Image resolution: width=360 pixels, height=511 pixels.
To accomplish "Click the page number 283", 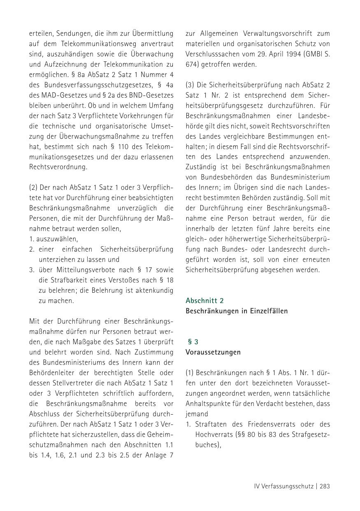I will pyautogui.click(x=324, y=486).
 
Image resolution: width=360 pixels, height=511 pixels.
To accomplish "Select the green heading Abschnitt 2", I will pyautogui.click(x=204, y=301).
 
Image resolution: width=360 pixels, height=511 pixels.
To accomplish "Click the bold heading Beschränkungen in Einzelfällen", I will pyautogui.click(x=237, y=311).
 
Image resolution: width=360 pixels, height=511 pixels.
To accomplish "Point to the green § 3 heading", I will pyautogui.click(x=193, y=342).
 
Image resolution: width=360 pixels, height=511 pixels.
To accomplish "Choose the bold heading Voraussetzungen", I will pyautogui.click(x=213, y=352).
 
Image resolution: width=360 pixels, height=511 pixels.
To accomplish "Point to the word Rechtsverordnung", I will pyautogui.click(x=58, y=167).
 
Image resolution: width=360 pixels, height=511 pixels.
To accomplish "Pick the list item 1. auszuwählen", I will pyautogui.click(x=53, y=239).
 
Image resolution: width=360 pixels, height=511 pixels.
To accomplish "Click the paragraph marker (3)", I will pyautogui.click(x=190, y=85).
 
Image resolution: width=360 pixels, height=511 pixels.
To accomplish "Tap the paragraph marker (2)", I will pyautogui.click(x=33, y=187).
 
